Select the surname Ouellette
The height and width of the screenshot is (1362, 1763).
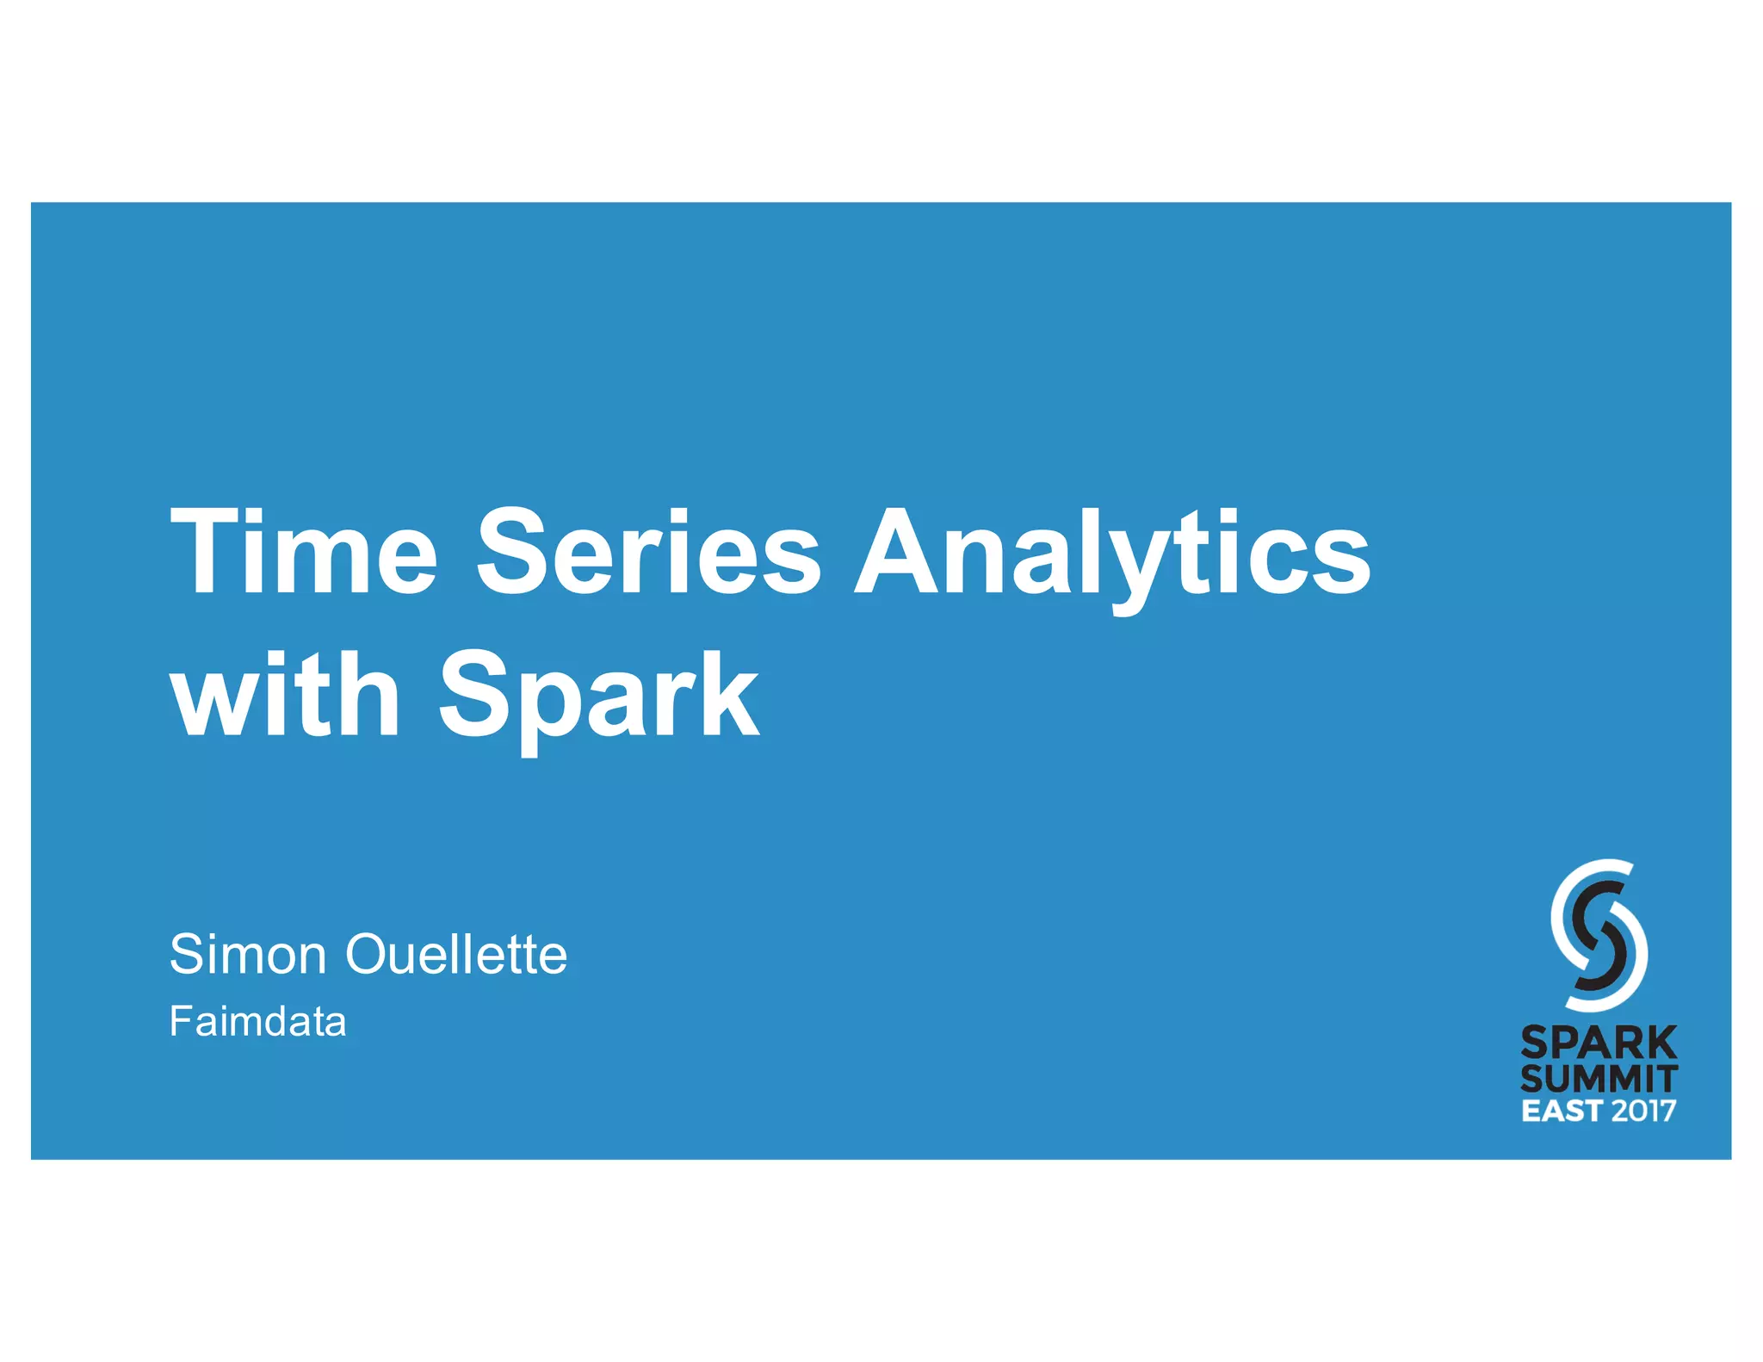[x=456, y=954]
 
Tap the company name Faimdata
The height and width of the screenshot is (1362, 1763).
[x=257, y=1022]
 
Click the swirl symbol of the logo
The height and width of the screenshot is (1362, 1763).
[x=1599, y=935]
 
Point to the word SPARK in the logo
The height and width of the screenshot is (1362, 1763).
[x=1599, y=1043]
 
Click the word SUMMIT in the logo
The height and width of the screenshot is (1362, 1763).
[x=1599, y=1079]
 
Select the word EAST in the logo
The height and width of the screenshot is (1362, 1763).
[x=1562, y=1111]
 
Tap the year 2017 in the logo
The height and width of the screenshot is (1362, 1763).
[x=1643, y=1111]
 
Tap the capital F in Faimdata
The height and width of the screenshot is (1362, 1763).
[x=182, y=1022]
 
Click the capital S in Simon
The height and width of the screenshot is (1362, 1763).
[x=187, y=954]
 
